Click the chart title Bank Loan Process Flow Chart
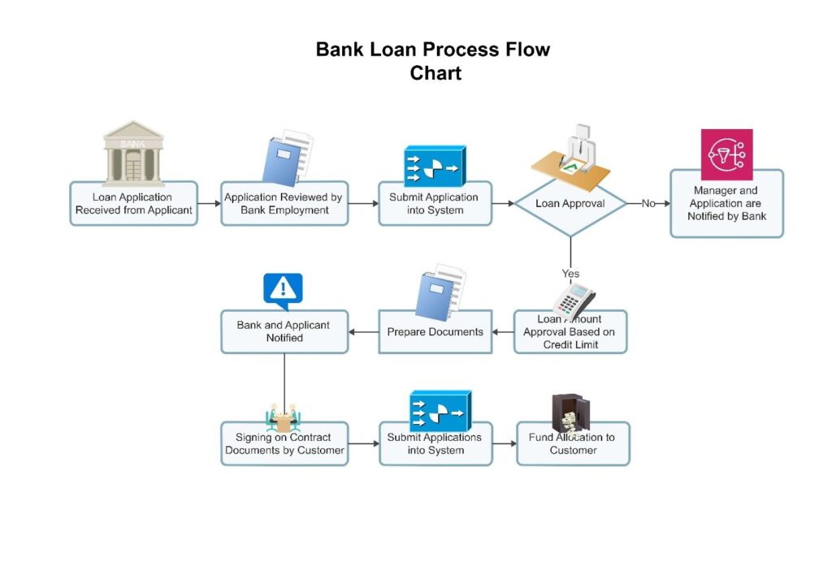pyautogui.click(x=434, y=61)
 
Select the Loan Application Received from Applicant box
pyautogui.click(x=133, y=204)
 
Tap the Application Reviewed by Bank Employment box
pyautogui.click(x=284, y=204)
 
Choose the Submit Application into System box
pyautogui.click(x=435, y=204)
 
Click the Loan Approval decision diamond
pyautogui.click(x=570, y=204)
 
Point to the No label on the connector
pyautogui.click(x=648, y=203)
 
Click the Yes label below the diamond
pyautogui.click(x=570, y=273)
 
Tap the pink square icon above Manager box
pyautogui.click(x=726, y=154)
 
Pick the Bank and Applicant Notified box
pyautogui.click(x=284, y=332)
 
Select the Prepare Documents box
pyautogui.click(x=435, y=332)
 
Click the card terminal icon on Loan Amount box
pyautogui.click(x=574, y=300)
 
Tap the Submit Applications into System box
pyautogui.click(x=435, y=444)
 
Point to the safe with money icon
pyautogui.click(x=571, y=413)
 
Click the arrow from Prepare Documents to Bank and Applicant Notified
pyautogui.click(x=363, y=331)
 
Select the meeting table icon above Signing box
pyautogui.click(x=284, y=418)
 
